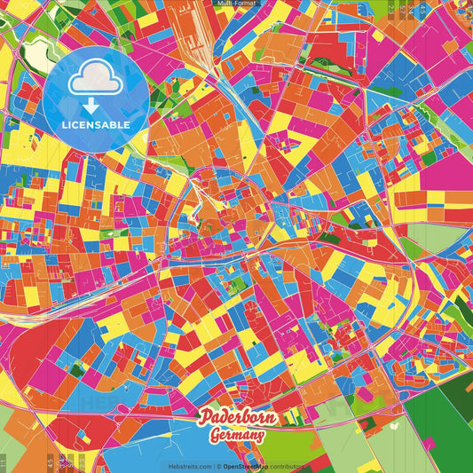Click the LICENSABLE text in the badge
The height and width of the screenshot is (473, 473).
point(96,125)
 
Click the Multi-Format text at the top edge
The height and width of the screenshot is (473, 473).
point(236,4)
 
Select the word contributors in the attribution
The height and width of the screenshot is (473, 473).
point(289,465)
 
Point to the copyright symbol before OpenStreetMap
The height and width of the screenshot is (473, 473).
point(218,465)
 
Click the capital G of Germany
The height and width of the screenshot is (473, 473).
point(215,435)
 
